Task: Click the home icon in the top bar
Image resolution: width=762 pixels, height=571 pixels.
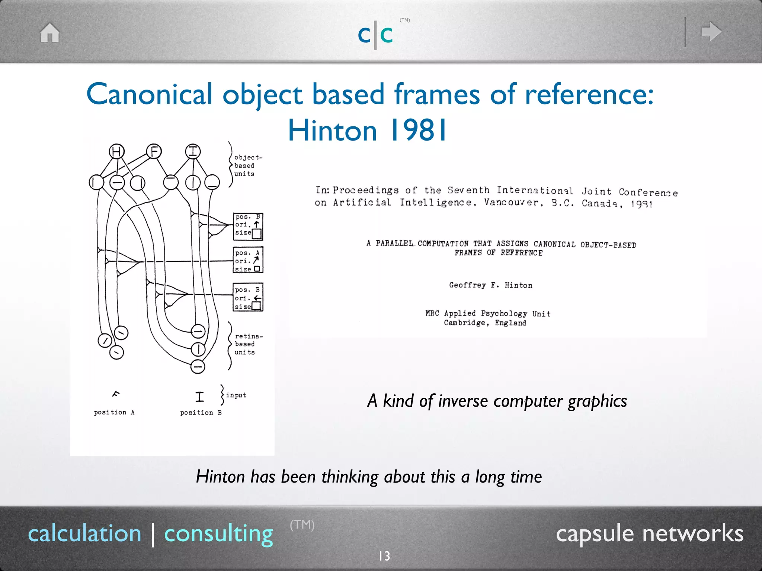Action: [50, 33]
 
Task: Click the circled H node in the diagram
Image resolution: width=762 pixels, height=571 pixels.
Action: [116, 152]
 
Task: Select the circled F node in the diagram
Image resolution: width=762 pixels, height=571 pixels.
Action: [154, 152]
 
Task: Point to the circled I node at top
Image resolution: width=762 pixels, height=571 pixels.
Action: [193, 152]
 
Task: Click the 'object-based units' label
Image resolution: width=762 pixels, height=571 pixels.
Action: [247, 165]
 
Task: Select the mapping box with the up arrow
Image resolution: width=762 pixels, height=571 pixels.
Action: [248, 226]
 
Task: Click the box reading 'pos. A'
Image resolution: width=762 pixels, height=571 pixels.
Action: [248, 260]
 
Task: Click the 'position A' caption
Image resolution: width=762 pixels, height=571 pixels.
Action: [114, 412]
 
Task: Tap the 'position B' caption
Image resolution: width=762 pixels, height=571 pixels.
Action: [201, 413]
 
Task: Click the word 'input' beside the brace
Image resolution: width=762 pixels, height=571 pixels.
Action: [236, 395]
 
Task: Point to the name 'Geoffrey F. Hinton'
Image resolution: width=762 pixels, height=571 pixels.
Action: [490, 285]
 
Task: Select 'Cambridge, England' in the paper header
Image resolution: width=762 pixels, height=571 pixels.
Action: [485, 323]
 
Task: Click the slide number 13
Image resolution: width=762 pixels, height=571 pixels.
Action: [384, 556]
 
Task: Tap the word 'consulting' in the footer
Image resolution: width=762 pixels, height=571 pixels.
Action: [218, 533]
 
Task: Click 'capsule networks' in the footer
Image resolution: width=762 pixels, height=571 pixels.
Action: [649, 533]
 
